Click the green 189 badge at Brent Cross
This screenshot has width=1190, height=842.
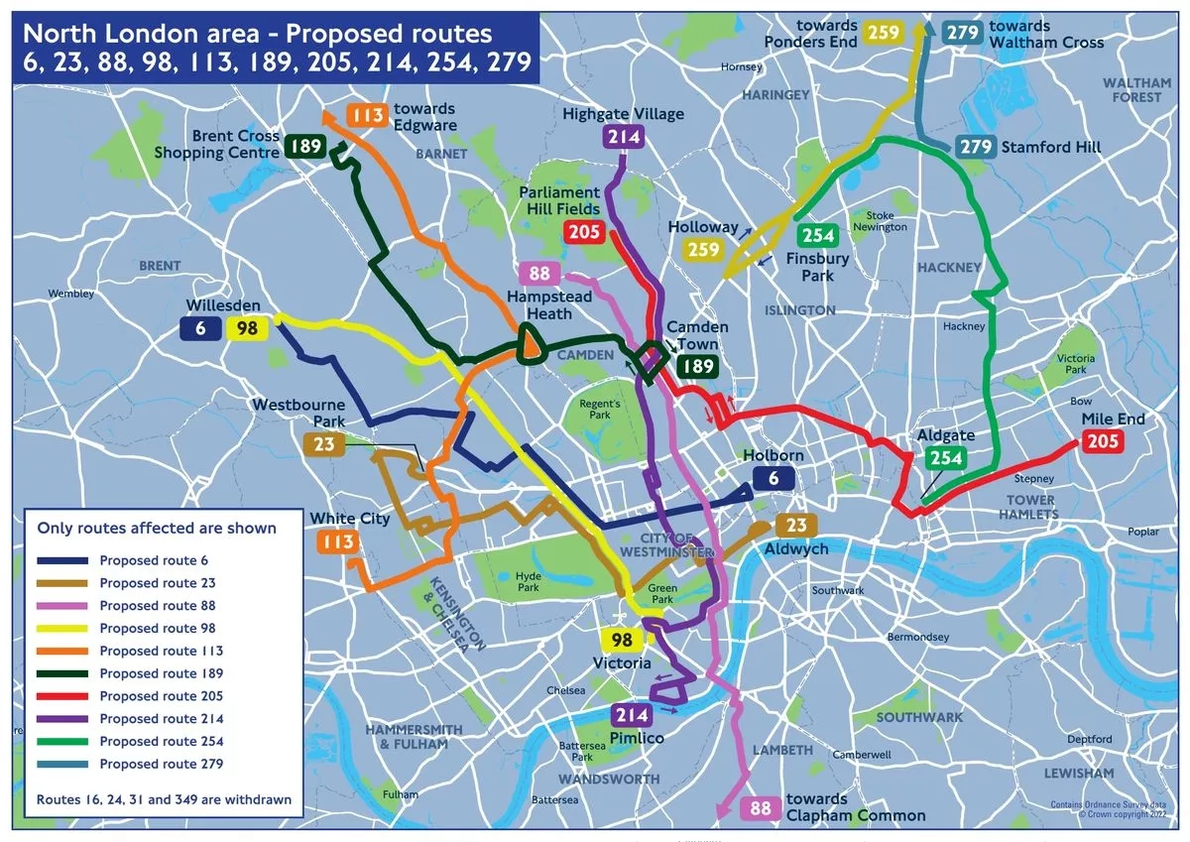305,147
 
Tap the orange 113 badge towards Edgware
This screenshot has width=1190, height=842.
367,116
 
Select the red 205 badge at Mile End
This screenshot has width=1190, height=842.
1102,441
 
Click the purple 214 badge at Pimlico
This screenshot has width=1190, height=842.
632,715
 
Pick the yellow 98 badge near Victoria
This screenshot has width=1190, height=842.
622,641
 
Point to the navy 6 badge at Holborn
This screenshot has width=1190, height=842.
773,478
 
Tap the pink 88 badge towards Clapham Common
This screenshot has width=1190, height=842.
761,808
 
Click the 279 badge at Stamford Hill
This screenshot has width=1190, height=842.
976,147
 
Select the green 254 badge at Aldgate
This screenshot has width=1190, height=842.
946,458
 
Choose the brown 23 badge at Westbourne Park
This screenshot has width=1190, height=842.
324,444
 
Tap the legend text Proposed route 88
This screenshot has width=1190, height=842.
157,605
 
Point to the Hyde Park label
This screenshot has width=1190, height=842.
528,582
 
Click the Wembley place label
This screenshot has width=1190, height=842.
71,294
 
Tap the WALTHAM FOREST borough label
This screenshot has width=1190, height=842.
1136,90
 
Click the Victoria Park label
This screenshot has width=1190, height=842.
1076,364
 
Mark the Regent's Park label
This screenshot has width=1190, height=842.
600,410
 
